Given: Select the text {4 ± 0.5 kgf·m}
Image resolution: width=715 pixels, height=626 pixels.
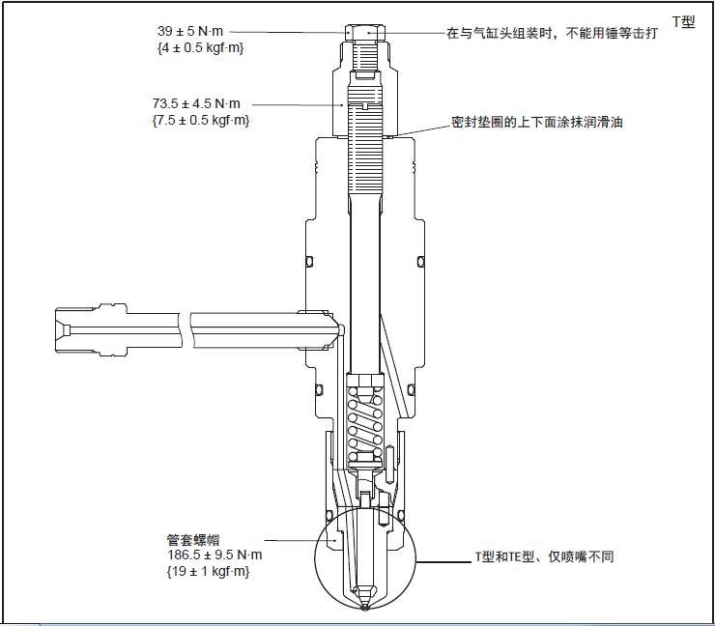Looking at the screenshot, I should pyautogui.click(x=199, y=46).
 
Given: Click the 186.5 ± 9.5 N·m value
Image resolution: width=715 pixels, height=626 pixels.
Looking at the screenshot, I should pyautogui.click(x=214, y=555).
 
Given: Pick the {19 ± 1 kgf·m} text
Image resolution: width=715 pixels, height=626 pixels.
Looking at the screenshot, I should pyautogui.click(x=208, y=572).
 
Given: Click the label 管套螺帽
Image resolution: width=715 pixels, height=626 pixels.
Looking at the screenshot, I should pyautogui.click(x=193, y=538).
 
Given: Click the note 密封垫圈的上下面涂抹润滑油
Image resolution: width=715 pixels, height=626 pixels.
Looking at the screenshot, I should pyautogui.click(x=536, y=124).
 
